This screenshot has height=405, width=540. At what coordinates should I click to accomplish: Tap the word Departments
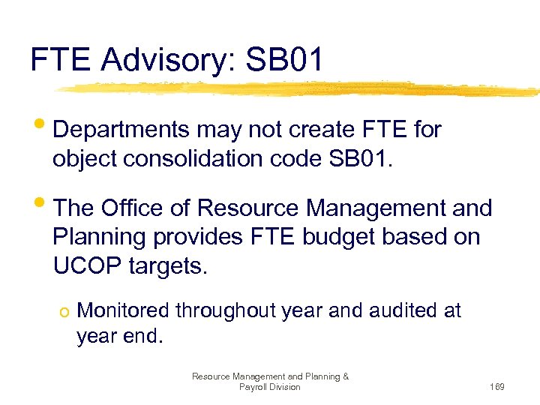tap(121, 130)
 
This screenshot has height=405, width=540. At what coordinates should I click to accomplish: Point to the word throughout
tap(229, 310)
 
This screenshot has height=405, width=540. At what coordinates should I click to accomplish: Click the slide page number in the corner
tap(496, 387)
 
